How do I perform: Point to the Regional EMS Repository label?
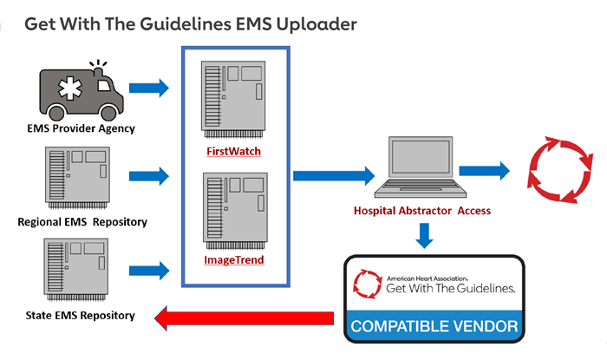82,222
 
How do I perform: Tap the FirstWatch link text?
233,151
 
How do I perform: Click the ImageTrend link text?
234,259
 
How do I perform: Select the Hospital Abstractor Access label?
422,211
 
